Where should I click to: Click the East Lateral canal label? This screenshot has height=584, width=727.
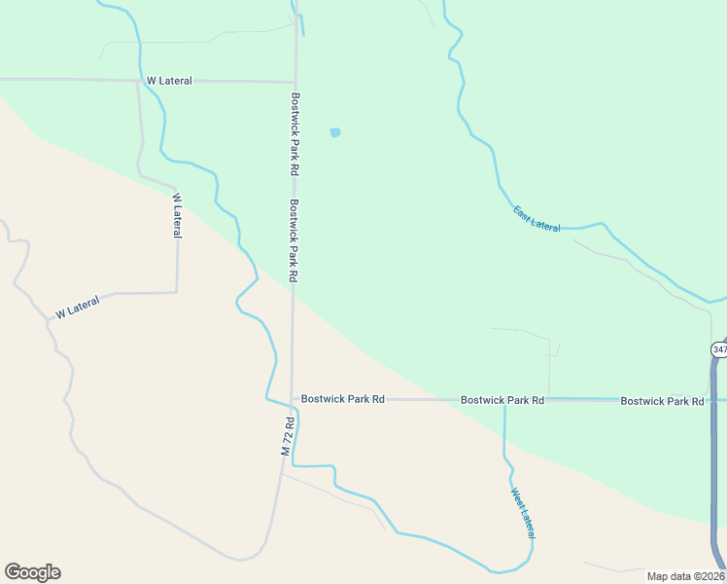(x=537, y=219)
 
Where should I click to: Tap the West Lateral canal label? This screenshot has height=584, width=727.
(x=522, y=513)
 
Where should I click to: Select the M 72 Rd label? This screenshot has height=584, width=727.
(x=287, y=436)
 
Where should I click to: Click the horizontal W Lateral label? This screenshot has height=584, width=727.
(x=169, y=81)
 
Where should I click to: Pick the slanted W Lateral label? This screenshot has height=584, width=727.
(x=78, y=310)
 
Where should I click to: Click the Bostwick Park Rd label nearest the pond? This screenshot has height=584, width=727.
(x=293, y=133)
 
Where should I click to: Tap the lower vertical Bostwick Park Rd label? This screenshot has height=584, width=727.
(x=293, y=240)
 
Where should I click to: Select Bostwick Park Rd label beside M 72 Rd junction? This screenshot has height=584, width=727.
(x=343, y=399)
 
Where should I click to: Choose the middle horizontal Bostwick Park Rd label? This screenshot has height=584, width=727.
(x=502, y=400)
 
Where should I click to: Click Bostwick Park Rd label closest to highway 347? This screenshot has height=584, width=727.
(x=662, y=401)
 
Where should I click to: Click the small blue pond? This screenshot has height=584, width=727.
(x=335, y=132)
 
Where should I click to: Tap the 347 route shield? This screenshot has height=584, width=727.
(x=718, y=349)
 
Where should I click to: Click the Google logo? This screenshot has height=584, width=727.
(x=32, y=572)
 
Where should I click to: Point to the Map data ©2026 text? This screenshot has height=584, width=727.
(x=684, y=576)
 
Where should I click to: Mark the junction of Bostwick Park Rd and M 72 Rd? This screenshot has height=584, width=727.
(x=293, y=399)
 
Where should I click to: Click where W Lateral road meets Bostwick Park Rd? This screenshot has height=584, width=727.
(x=295, y=82)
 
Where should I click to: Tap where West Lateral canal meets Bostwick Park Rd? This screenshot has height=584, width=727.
(x=504, y=400)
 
